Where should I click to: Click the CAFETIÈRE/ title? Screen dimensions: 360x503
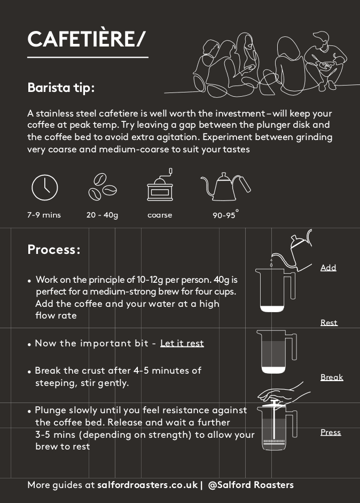point(86,39)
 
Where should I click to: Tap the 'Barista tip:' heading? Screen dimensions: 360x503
point(61,87)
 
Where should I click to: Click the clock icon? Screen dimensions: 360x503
point(45,188)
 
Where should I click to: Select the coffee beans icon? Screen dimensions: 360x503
point(102,187)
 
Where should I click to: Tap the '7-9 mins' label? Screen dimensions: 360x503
point(44,215)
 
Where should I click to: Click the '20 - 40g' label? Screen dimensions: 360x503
point(102,215)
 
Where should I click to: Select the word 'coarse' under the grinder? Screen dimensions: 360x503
point(160,215)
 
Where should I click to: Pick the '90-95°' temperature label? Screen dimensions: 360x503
point(226,214)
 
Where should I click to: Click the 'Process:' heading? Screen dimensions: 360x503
point(53,250)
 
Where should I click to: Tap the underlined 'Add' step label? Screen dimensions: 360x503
point(328,268)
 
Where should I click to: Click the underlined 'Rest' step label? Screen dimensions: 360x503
point(329,322)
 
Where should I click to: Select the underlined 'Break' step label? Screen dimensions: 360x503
point(332,377)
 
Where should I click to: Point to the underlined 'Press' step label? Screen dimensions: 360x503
point(331,432)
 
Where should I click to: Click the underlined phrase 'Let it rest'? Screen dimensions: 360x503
point(182,343)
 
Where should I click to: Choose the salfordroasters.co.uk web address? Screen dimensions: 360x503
point(147,485)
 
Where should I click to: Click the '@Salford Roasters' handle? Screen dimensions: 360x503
point(251,485)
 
